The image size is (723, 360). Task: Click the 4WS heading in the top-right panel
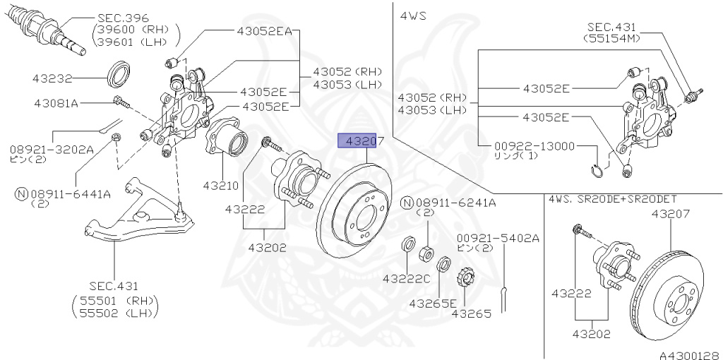click(x=415, y=15)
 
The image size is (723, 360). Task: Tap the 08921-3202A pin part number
click(x=52, y=149)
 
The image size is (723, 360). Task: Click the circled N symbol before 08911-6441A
click(x=22, y=192)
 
